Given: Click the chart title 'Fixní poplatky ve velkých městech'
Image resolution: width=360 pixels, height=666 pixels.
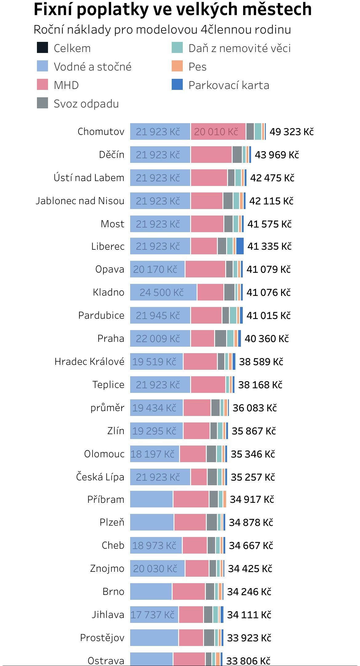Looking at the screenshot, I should (x=172, y=9).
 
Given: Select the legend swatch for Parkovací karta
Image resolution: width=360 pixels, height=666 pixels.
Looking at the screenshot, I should (x=177, y=85).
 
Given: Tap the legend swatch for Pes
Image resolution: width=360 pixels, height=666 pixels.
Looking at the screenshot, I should (x=177, y=66).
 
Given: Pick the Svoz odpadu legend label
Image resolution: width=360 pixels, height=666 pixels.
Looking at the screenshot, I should (x=86, y=104).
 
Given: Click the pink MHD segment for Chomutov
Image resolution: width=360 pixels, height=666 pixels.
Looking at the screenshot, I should (x=218, y=131).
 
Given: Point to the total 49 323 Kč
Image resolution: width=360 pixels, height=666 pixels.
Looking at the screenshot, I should (x=291, y=132).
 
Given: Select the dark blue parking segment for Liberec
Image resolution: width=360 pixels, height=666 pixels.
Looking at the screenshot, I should (x=240, y=246).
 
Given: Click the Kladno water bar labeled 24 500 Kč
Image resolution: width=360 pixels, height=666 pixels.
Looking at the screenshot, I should (x=163, y=292).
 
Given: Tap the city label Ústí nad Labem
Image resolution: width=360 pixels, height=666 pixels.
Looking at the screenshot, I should (x=89, y=178).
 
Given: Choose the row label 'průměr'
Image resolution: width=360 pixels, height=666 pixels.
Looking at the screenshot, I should (x=107, y=408).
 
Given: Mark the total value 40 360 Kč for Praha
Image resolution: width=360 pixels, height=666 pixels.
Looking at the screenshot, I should (x=266, y=339).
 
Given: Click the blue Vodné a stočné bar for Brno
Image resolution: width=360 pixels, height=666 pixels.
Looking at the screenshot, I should (x=151, y=591).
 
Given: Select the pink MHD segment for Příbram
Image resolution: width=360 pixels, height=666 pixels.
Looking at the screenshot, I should (x=191, y=499).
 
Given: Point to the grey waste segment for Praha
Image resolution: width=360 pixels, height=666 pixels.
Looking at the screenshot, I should (x=220, y=338).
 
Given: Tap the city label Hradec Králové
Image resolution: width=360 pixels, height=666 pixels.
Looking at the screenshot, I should (x=89, y=361).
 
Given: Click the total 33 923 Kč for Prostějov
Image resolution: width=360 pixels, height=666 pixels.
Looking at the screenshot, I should (x=249, y=638).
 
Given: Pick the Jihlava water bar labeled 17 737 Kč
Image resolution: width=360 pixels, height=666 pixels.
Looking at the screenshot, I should (x=154, y=615).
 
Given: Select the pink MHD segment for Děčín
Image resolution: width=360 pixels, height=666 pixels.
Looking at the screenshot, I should (x=211, y=155).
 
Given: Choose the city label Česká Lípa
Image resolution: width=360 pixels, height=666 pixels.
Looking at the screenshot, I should (x=100, y=477).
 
